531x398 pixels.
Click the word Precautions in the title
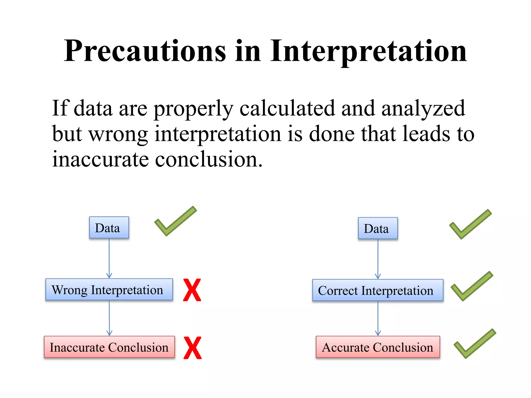[145, 51]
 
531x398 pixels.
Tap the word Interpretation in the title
[368, 51]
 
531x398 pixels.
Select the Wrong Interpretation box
[109, 289]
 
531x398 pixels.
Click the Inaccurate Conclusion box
[109, 347]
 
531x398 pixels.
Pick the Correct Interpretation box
[378, 290]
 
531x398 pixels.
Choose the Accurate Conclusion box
[378, 347]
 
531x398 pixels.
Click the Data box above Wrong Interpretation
[109, 228]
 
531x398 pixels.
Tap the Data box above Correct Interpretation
[378, 228]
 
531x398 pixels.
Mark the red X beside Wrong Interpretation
[192, 290]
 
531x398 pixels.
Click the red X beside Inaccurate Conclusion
[192, 348]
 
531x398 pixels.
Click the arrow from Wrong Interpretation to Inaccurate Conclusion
[109, 318]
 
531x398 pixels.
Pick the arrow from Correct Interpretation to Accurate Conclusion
[378, 318]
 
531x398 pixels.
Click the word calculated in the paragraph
[287, 108]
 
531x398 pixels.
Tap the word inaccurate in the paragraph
[100, 159]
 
